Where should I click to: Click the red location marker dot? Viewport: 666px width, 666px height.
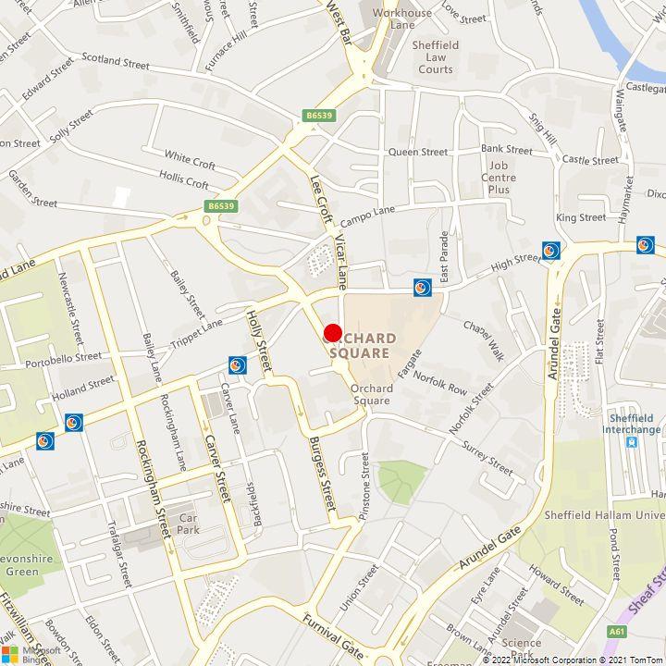[x=333, y=333]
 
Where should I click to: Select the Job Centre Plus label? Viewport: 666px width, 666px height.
[x=499, y=178]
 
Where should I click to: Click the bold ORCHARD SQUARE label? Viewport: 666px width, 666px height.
[x=363, y=345]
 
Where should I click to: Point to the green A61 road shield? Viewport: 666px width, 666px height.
[x=616, y=632]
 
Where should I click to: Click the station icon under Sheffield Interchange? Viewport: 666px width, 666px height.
[x=632, y=443]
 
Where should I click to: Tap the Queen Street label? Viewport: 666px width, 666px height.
[x=417, y=152]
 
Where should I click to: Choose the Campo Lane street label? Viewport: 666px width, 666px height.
[x=367, y=216]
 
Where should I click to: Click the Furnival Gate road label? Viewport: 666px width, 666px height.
[x=333, y=633]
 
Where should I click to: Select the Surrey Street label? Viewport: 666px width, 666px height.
[x=487, y=458]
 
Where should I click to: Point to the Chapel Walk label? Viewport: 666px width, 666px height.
[x=485, y=342]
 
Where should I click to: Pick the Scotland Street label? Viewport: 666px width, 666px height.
[x=116, y=60]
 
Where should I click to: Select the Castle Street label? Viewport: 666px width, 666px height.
[x=590, y=160]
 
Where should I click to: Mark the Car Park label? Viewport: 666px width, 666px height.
[x=189, y=524]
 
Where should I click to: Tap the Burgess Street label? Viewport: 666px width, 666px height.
[x=322, y=474]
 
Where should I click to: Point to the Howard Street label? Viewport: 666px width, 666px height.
[x=556, y=586]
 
